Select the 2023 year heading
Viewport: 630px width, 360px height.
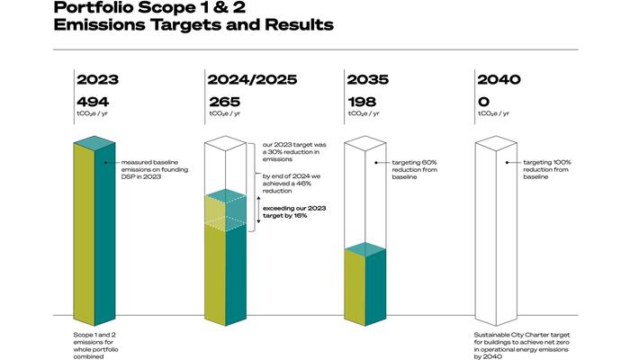click(x=97, y=79)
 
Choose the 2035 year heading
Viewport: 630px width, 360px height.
click(x=367, y=79)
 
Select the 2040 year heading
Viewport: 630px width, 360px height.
click(x=499, y=79)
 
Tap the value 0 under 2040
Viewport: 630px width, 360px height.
click(x=483, y=102)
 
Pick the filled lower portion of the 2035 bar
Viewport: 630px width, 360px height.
click(x=365, y=286)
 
